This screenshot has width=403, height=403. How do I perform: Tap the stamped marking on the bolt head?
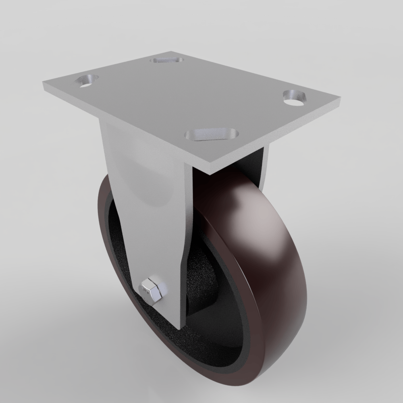145,289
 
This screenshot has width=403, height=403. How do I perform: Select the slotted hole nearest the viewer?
212,135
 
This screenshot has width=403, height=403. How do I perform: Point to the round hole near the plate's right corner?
295,98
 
